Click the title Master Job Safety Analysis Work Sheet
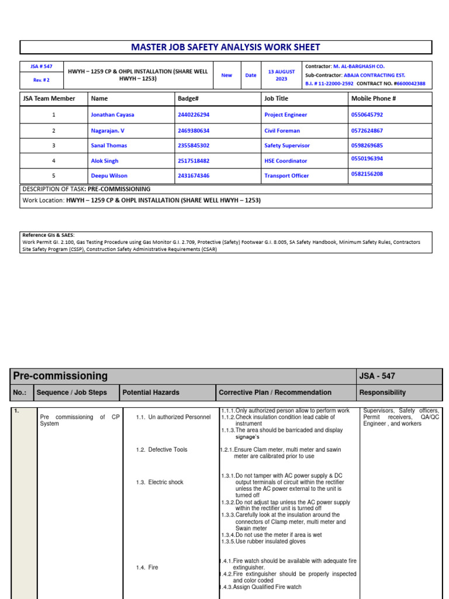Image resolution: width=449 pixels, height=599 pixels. [x=226, y=47]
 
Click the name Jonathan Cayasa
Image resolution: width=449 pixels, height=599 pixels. [x=112, y=115]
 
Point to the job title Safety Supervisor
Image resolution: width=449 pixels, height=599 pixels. [x=287, y=146]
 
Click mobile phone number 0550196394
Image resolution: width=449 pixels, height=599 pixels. [x=368, y=159]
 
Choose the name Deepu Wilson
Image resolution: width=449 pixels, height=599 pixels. [x=109, y=175]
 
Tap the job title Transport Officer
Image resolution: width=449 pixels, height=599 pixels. [x=286, y=175]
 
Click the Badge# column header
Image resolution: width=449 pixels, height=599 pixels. [x=188, y=99]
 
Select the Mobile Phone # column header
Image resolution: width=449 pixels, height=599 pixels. [x=374, y=99]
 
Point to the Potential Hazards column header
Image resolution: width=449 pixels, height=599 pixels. [x=151, y=393]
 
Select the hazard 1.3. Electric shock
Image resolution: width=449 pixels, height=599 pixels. [x=160, y=483]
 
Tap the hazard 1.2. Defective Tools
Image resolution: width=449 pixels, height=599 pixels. [x=161, y=450]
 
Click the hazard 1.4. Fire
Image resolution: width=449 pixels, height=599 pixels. [x=147, y=567]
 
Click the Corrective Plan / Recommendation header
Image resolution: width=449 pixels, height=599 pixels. [x=275, y=393]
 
